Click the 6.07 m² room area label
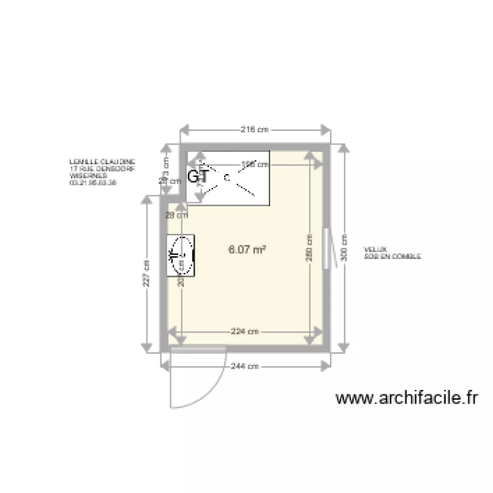coord(246,249)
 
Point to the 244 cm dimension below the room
coord(243,366)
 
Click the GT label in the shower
coord(198,176)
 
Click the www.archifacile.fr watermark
coord(406,398)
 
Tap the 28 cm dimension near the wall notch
coord(177,214)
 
